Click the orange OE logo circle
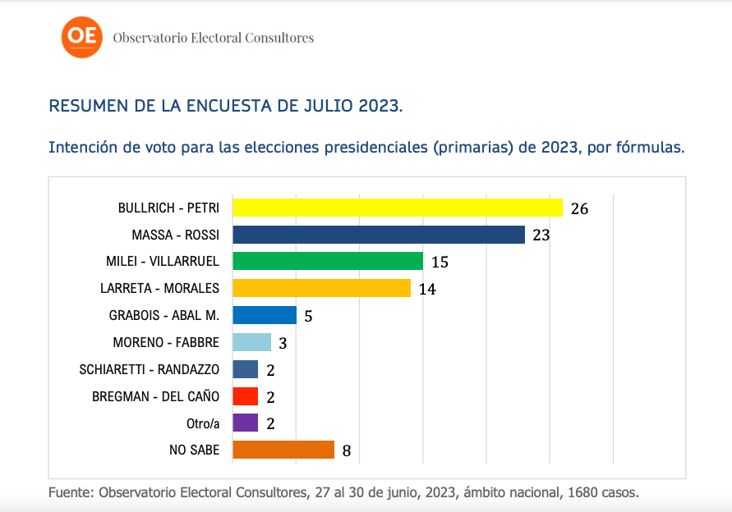point(83,36)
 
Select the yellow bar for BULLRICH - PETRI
point(398,208)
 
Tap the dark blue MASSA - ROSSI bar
point(379,235)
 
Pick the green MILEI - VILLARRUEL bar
point(328,262)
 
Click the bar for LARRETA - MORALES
point(321,288)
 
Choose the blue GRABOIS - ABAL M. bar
point(265,315)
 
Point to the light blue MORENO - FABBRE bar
point(251,342)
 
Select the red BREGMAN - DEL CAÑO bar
point(245,396)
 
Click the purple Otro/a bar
point(245,423)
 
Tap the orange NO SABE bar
point(283,450)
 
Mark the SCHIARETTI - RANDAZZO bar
point(245,369)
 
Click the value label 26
point(579,208)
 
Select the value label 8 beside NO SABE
point(347,450)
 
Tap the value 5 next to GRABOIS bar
point(308,316)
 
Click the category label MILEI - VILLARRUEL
point(163,262)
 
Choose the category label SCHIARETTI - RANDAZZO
point(150,369)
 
